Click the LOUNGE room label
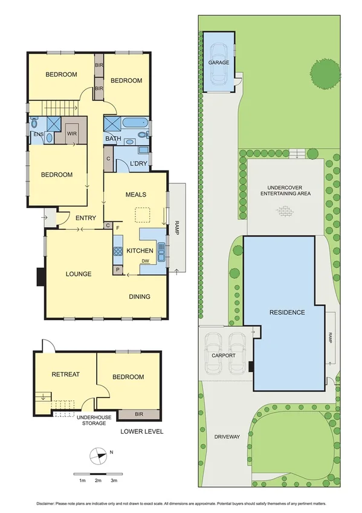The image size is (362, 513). [79, 274]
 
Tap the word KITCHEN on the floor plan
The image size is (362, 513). [139, 250]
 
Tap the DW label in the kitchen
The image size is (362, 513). [145, 261]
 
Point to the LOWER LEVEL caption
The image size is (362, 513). [142, 431]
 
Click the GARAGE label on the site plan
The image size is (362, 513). [219, 62]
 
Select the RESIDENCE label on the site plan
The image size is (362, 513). [287, 312]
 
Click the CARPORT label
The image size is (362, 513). [223, 355]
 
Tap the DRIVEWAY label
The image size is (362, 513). [227, 436]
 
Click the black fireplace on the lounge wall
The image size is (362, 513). [40, 276]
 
